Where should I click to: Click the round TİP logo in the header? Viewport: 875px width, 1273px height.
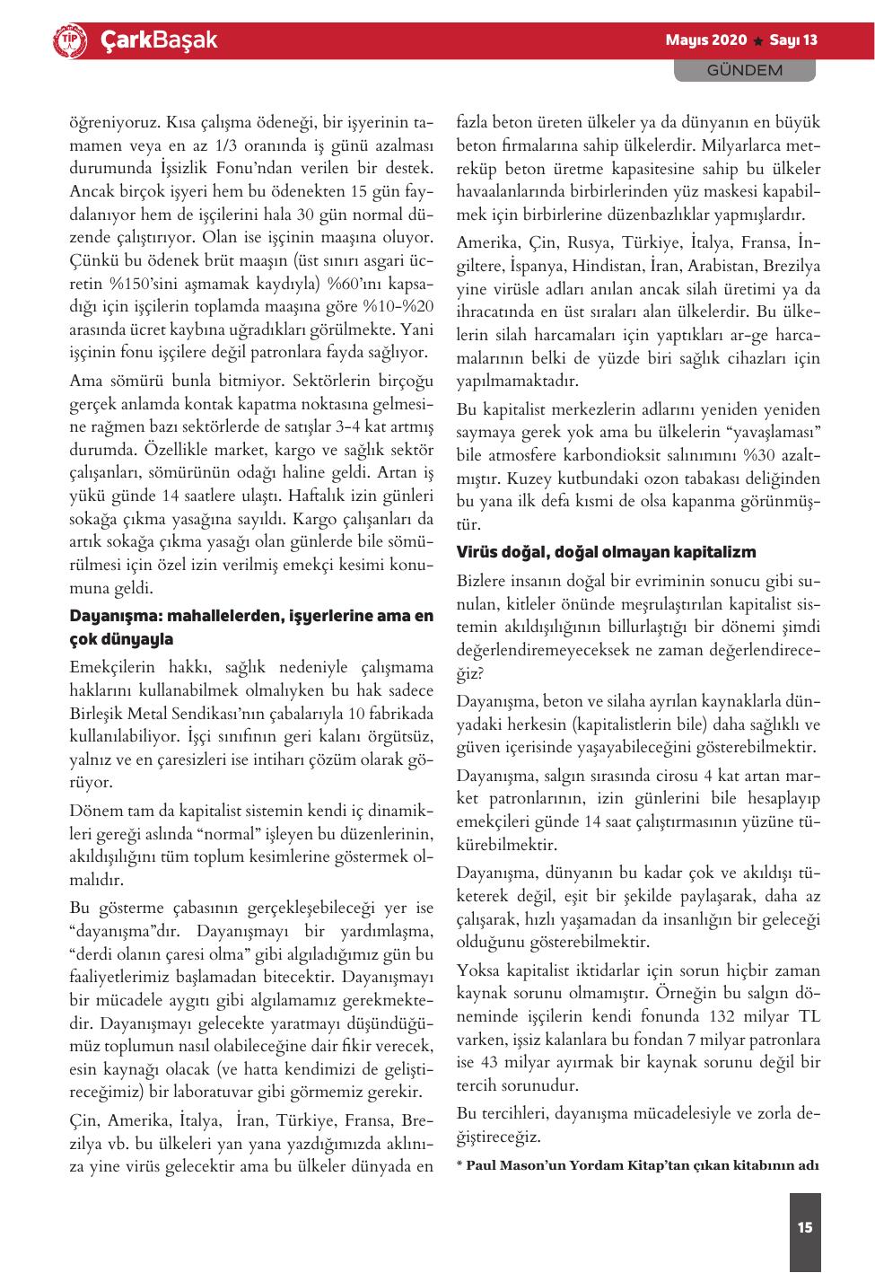[71, 40]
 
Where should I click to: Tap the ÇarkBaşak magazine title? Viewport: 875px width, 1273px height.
[158, 40]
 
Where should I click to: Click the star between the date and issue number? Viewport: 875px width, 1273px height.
[758, 41]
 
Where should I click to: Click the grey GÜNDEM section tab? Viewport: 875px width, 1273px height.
[744, 70]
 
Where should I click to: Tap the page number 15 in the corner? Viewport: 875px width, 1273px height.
[804, 1226]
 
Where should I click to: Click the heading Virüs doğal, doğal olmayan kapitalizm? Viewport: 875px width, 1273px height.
[606, 551]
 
